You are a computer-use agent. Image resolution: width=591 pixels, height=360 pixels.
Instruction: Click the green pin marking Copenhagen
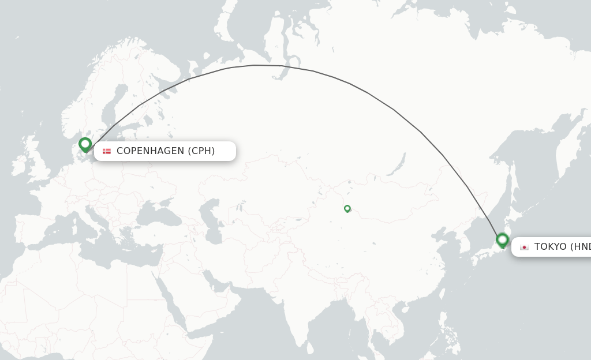click(85, 144)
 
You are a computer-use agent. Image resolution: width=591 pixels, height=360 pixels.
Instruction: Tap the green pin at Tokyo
click(502, 239)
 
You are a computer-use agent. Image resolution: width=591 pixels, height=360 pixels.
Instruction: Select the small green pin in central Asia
click(347, 208)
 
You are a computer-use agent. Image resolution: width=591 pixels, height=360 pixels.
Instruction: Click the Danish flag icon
click(107, 151)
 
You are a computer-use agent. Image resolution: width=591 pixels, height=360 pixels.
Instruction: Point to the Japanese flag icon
click(524, 247)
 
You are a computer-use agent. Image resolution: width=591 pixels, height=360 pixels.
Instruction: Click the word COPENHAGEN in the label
click(150, 151)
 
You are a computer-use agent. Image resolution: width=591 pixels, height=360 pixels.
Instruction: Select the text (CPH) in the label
click(201, 151)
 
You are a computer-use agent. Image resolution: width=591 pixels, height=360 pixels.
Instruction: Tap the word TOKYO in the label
click(550, 247)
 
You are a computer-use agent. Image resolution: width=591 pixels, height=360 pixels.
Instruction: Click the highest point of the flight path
click(257, 65)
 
